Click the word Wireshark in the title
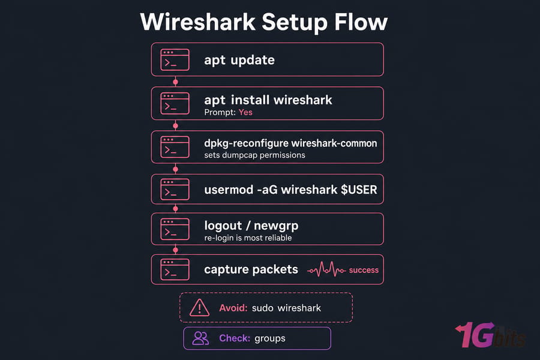pyautogui.click(x=197, y=22)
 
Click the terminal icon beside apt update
pyautogui.click(x=175, y=59)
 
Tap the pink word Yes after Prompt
pyautogui.click(x=245, y=112)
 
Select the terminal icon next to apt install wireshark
pyautogui.click(x=175, y=103)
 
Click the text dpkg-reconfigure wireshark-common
pyautogui.click(x=290, y=143)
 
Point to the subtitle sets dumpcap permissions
pyautogui.click(x=254, y=155)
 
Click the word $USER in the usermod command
pyautogui.click(x=359, y=190)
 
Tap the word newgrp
pyautogui.click(x=276, y=226)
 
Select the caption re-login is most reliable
pyautogui.click(x=248, y=238)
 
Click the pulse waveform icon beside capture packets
pyautogui.click(x=326, y=270)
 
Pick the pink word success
pyautogui.click(x=364, y=270)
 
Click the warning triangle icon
pyautogui.click(x=199, y=308)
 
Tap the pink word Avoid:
pyautogui.click(x=233, y=308)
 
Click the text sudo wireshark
pyautogui.click(x=287, y=308)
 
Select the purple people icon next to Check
pyautogui.click(x=200, y=338)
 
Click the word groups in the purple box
pyautogui.click(x=270, y=338)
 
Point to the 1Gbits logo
pyautogui.click(x=490, y=335)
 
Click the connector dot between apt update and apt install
pyautogui.click(x=175, y=82)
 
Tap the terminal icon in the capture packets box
pyautogui.click(x=175, y=269)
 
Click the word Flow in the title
pyautogui.click(x=361, y=22)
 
